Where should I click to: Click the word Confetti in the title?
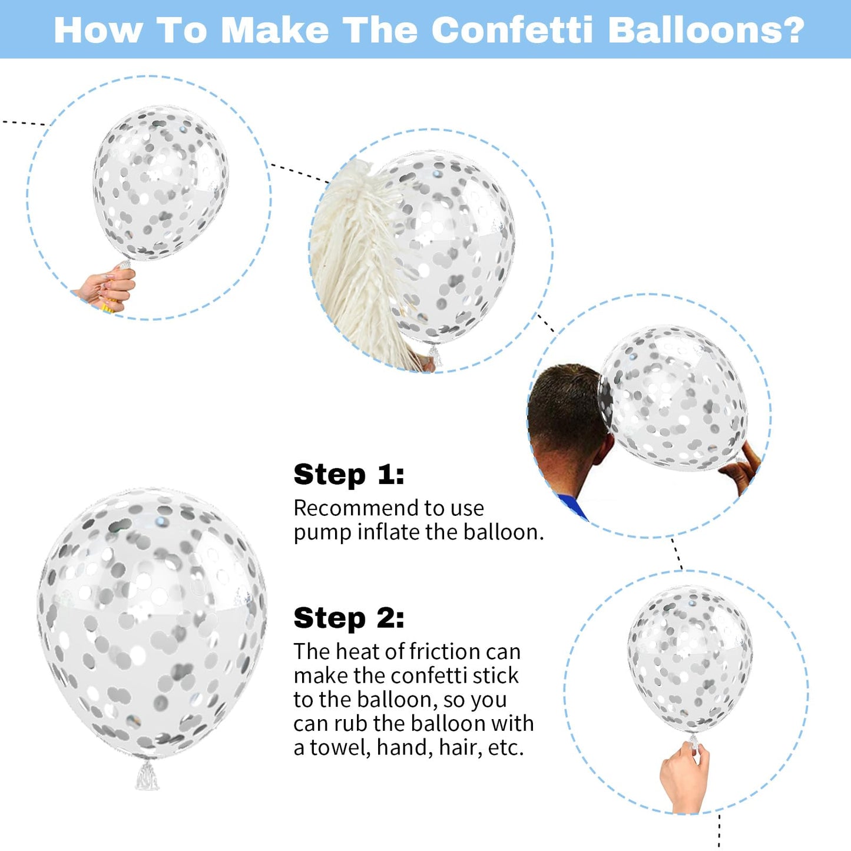512,30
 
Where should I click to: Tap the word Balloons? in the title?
706,30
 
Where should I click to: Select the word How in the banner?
98,30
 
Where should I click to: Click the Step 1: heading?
349,475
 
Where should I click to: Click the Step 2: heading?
349,618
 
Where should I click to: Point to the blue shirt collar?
573,506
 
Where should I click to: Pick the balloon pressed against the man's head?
672,398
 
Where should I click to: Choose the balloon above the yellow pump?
161,183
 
